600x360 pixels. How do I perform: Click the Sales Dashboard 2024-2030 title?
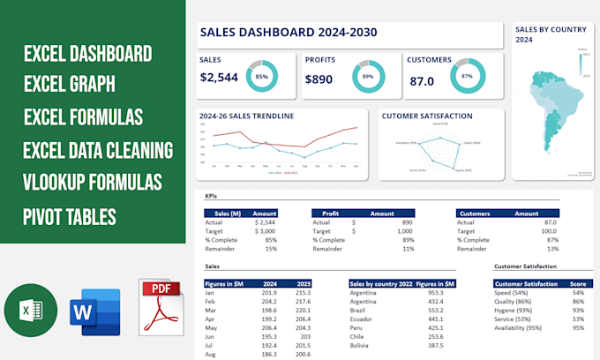coord(289,33)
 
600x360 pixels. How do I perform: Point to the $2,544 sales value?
coord(220,78)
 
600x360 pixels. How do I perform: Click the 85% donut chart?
coord(262,76)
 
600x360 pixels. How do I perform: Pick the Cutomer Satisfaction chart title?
coord(426,116)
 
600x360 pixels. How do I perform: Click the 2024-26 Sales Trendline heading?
coord(247,116)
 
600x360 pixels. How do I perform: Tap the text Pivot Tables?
coord(71,215)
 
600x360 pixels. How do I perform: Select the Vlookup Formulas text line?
coord(94,183)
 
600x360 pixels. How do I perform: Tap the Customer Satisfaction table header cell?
coord(528,283)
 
